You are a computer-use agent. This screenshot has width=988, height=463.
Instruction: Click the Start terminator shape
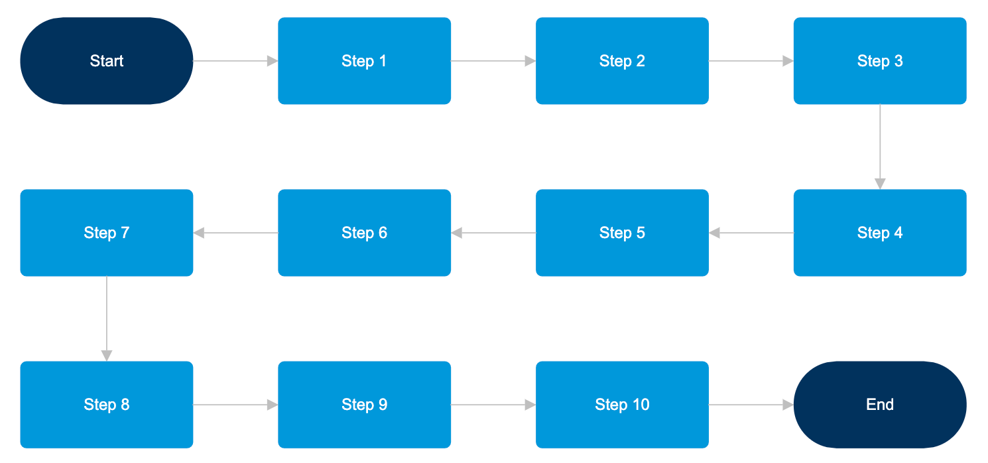pos(106,61)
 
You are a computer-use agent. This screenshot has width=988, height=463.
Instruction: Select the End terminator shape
pos(879,405)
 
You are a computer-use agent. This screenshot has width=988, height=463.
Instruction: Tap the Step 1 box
pos(364,61)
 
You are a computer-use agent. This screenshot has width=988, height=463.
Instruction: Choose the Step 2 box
pos(622,61)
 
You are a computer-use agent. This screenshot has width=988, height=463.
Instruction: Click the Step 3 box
pos(879,61)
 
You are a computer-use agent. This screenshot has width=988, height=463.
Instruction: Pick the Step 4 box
pos(879,233)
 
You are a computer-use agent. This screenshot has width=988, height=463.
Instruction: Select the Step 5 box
pos(622,233)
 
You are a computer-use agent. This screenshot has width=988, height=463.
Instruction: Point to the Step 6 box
pos(364,233)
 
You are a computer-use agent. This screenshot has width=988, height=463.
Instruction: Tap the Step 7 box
pos(106,233)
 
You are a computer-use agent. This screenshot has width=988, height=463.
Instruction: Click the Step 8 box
pos(106,405)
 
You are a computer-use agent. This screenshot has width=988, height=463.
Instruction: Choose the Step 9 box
pos(364,405)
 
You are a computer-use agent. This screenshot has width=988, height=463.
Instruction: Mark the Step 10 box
pos(622,405)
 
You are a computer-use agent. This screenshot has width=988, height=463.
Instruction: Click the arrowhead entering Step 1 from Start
pos(273,61)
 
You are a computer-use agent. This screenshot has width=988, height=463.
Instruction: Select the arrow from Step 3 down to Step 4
pos(880,146)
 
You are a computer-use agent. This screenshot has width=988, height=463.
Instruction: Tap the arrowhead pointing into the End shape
pos(788,405)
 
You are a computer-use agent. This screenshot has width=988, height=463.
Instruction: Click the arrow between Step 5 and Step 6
pos(494,233)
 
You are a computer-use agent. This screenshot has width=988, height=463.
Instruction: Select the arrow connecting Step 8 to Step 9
pos(235,405)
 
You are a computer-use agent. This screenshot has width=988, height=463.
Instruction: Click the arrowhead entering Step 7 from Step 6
pos(199,233)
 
